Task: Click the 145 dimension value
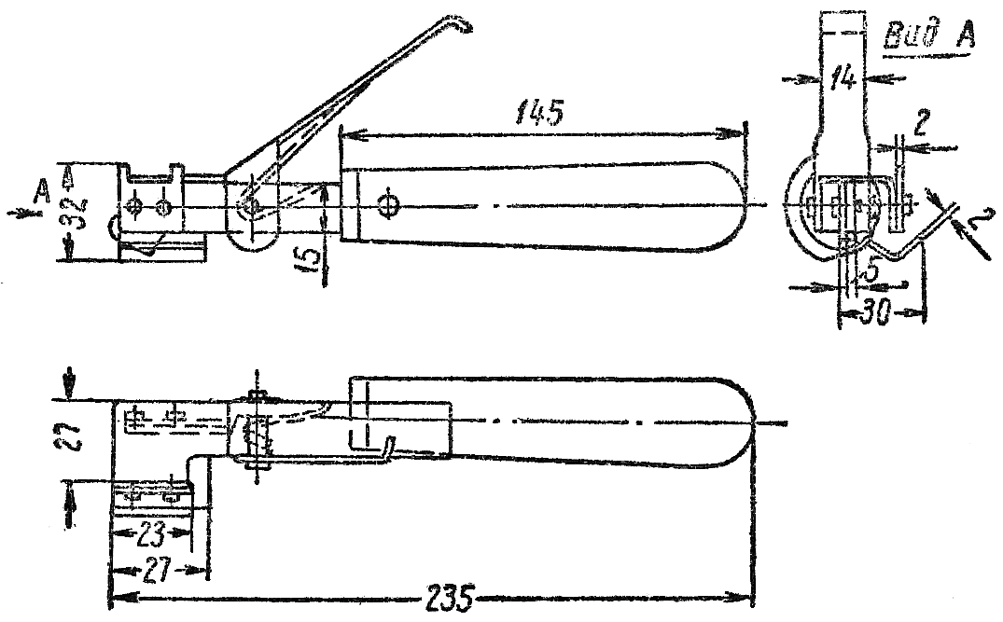pyautogui.click(x=539, y=113)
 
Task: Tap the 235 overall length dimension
pyautogui.click(x=448, y=599)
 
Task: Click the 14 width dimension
pyautogui.click(x=842, y=78)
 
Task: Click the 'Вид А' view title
pyautogui.click(x=928, y=35)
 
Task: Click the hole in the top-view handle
pyautogui.click(x=387, y=206)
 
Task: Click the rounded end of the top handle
pyautogui.click(x=735, y=204)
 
